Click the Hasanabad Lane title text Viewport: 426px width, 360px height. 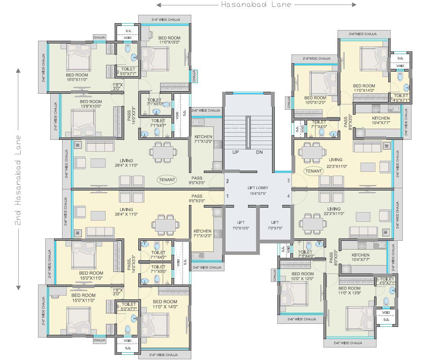point(256,5)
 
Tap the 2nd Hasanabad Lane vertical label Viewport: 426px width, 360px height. point(18,180)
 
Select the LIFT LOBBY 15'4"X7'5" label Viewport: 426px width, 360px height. point(258,191)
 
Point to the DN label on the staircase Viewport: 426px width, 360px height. point(259,152)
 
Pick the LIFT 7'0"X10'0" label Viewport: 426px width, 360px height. point(240,225)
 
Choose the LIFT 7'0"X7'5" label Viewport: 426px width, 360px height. point(275,225)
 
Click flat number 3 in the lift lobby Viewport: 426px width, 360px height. point(288,181)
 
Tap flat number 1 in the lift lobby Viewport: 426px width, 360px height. point(227,196)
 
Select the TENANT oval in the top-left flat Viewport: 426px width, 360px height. point(167,179)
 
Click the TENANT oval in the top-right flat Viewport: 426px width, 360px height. point(313,171)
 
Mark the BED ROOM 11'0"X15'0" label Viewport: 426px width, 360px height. point(169,40)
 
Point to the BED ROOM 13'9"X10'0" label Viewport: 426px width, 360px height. point(91,104)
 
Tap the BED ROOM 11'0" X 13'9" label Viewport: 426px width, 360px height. point(349,291)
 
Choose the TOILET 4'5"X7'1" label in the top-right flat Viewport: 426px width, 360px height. point(401,98)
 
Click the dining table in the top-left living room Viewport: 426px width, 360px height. point(163,152)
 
